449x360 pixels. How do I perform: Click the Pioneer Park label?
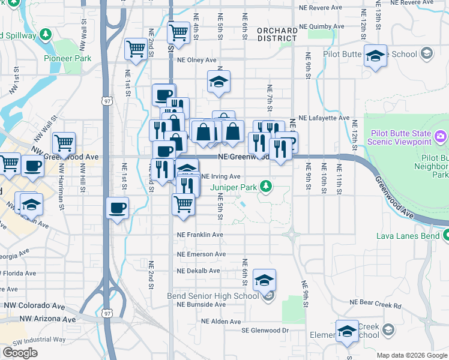tap(67, 59)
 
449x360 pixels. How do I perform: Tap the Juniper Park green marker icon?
tap(264, 187)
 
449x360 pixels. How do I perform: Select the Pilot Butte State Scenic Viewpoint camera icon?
tap(441, 136)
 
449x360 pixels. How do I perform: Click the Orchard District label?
tap(277, 34)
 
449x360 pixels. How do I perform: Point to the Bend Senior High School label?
tap(213, 296)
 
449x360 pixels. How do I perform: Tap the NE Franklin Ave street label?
tap(200, 235)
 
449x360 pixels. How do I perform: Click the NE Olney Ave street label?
tap(196, 60)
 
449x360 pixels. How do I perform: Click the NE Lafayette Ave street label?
tap(324, 118)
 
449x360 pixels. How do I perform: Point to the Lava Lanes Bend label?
tap(408, 235)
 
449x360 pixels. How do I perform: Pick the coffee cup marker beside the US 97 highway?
tap(117, 208)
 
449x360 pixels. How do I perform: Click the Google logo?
tap(20, 353)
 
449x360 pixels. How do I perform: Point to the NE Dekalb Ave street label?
tap(199, 271)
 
